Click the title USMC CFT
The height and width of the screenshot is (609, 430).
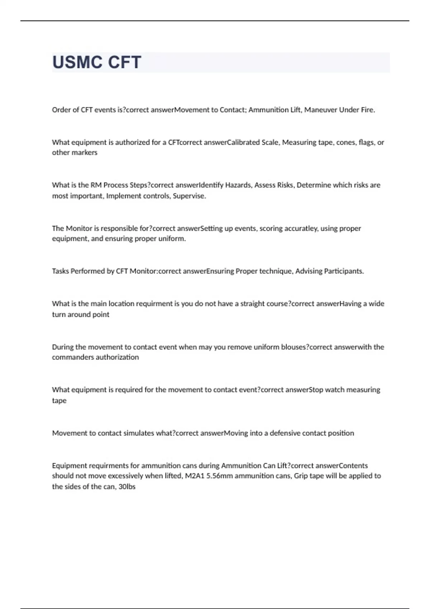click(97, 62)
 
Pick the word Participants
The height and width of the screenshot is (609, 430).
click(344, 271)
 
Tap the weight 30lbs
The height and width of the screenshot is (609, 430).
click(127, 487)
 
